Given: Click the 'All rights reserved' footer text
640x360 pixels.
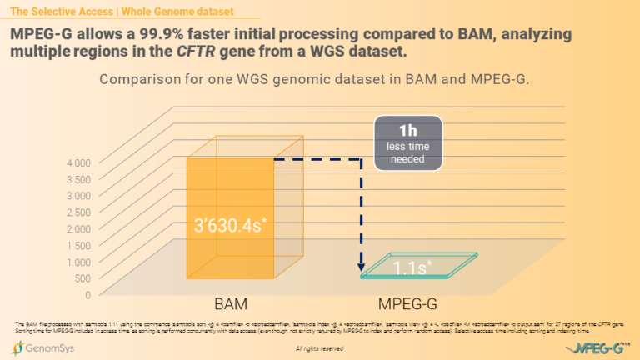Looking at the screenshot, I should [x=319, y=349].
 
